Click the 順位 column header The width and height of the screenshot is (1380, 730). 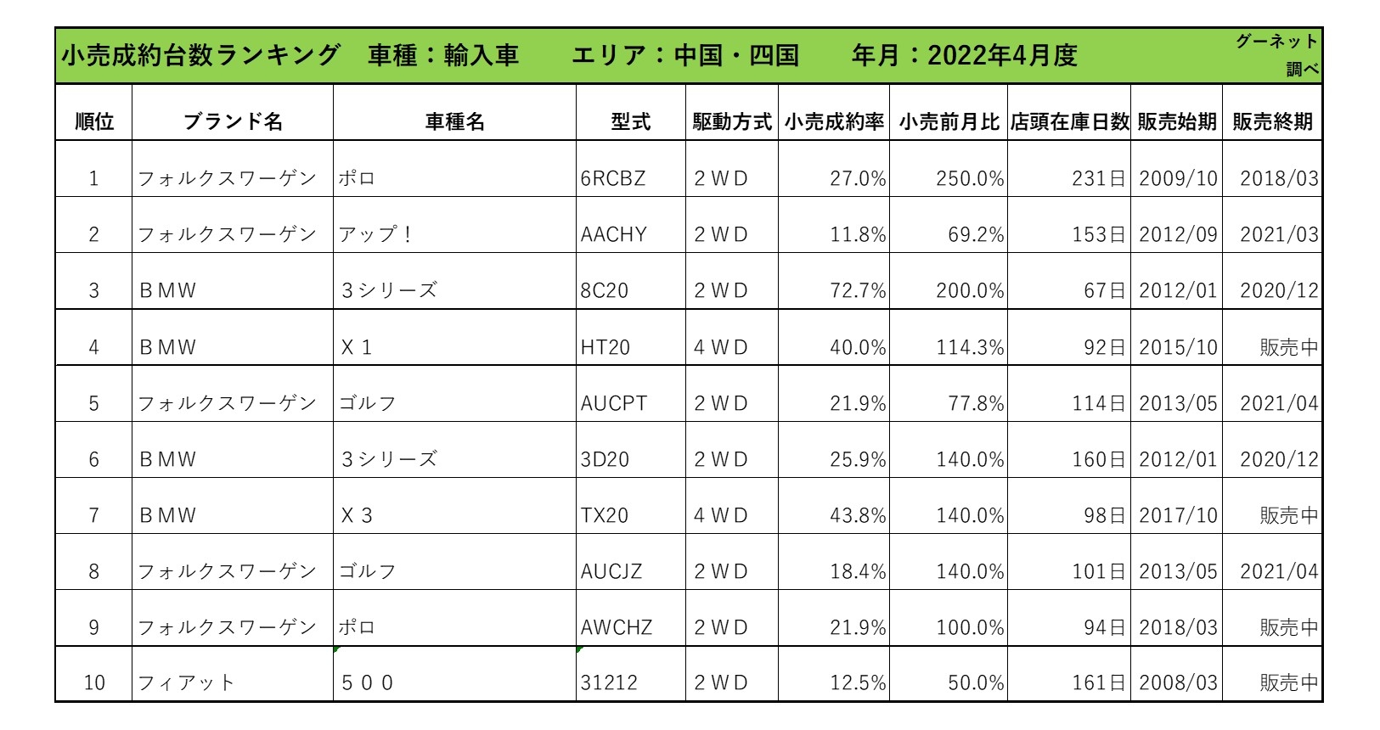93,121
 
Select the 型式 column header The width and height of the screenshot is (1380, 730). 630,121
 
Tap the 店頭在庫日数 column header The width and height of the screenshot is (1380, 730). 1069,121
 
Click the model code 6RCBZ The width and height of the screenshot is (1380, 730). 613,178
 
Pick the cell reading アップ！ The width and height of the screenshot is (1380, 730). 375,234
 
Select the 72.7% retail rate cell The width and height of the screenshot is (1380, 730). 858,290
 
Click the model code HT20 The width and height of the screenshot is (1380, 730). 606,347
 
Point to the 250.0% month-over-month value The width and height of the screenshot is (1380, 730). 970,178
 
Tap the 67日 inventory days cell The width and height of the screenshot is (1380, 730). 1104,290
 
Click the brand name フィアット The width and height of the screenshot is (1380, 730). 186,682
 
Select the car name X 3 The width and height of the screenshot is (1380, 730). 357,515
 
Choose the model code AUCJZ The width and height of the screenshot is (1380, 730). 611,571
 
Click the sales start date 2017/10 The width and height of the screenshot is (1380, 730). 1178,515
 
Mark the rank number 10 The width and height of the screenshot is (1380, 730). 94,682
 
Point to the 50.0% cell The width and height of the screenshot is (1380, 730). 976,682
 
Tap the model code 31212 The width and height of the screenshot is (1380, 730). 609,682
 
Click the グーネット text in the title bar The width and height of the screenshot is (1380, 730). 1276,41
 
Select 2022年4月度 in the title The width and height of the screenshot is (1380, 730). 1002,55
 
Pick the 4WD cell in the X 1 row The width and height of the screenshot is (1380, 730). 721,347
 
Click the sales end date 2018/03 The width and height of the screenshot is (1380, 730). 1279,178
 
